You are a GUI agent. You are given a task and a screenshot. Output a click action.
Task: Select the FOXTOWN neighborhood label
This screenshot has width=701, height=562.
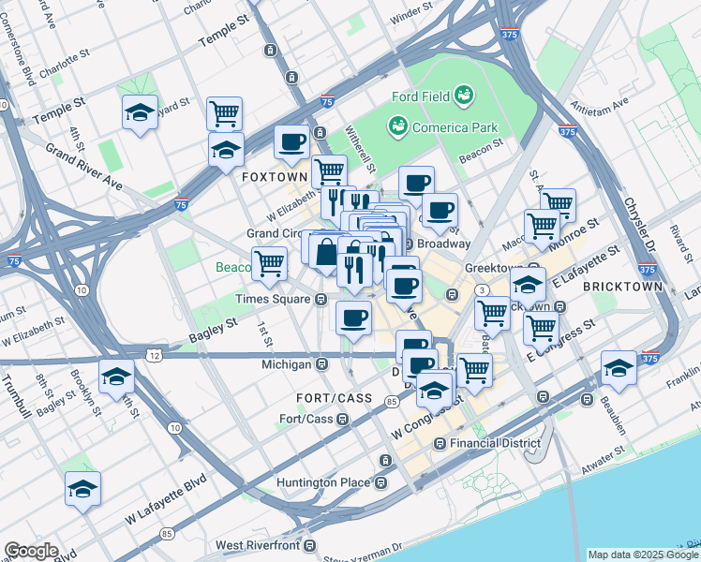coord(274,176)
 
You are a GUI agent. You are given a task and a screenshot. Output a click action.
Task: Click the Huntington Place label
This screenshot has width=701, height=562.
coord(327,483)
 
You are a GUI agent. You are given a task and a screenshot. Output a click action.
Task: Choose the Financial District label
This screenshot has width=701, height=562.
coord(495,443)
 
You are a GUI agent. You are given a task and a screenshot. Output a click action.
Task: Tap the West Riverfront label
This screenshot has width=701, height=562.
coord(257,545)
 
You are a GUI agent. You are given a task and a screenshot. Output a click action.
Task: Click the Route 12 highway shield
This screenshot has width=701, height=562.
coord(153,355)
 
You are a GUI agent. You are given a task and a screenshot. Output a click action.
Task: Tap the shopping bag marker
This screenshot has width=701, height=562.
coord(326,252)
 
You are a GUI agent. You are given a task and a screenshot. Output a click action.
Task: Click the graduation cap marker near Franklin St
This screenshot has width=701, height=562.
coord(619,367)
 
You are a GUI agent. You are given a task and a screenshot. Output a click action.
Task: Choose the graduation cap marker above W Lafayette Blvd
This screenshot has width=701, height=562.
coord(82,488)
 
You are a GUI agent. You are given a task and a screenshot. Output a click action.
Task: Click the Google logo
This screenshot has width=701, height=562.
coord(31,551)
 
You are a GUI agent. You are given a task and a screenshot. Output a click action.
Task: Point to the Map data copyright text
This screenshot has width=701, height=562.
coord(643,555)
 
